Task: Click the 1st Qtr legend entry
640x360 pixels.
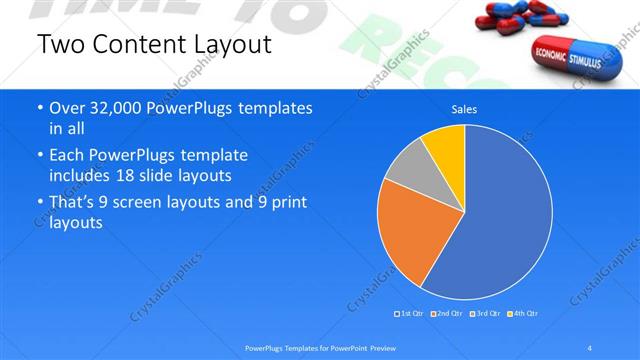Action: [410, 314]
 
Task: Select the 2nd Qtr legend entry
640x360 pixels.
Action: [446, 314]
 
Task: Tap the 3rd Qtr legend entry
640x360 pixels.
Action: [485, 314]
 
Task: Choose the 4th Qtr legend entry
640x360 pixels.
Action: [523, 314]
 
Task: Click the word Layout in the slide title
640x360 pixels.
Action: [224, 44]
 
